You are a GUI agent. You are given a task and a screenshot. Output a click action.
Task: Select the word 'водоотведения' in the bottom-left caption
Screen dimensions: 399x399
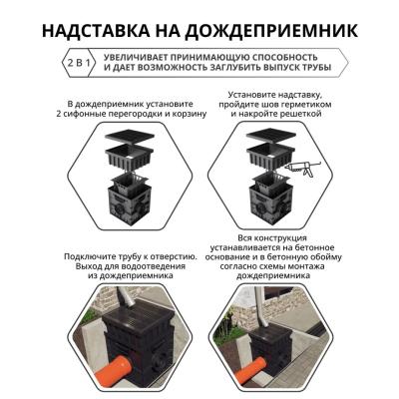click(x=146, y=268)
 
